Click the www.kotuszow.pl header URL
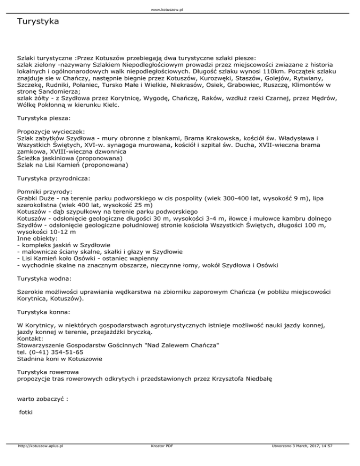[x=180, y=9]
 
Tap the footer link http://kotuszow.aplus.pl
[x=40, y=459]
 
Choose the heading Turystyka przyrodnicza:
[x=54, y=178]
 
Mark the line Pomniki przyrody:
[x=45, y=192]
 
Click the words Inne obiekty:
[x=37, y=238]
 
